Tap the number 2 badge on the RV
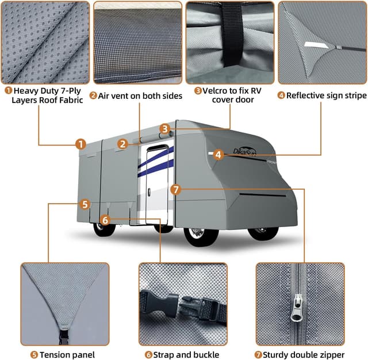122,144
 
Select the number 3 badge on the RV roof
165,129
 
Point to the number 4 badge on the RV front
217,154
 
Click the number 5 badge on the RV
85,204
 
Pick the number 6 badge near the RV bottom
104,220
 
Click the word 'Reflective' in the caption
308,95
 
